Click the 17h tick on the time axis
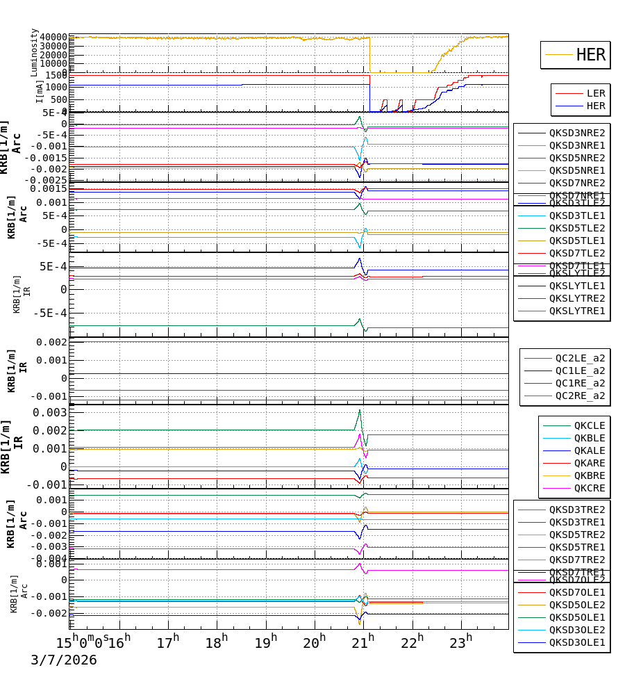click(167, 642)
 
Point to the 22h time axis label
click(412, 642)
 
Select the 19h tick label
click(265, 642)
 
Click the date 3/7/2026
click(63, 660)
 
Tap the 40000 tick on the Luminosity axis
click(53, 38)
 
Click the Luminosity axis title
click(34, 52)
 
